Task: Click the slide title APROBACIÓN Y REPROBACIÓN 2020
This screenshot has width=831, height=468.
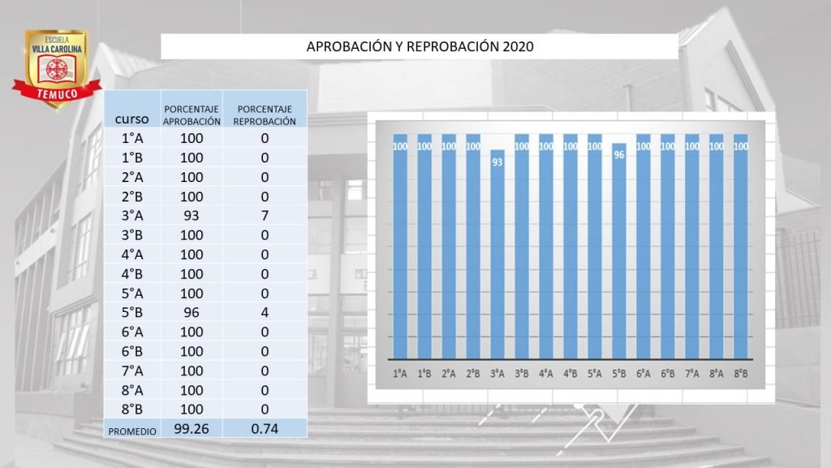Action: pyautogui.click(x=420, y=46)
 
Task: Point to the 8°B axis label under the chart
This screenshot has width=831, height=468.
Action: pyautogui.click(x=740, y=374)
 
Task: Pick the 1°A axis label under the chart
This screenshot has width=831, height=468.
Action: pyautogui.click(x=400, y=374)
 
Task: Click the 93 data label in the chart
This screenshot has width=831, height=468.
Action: pyautogui.click(x=497, y=162)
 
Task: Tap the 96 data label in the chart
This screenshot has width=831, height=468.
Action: pyautogui.click(x=618, y=154)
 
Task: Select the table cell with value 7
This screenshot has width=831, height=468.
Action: pyautogui.click(x=265, y=215)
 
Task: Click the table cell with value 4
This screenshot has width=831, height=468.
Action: pyautogui.click(x=265, y=313)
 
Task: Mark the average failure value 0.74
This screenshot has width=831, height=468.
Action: pyautogui.click(x=265, y=428)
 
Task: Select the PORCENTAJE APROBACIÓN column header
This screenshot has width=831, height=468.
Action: pyautogui.click(x=192, y=115)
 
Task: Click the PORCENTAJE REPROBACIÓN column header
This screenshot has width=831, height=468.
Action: pyautogui.click(x=265, y=115)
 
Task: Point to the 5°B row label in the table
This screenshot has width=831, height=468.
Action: pyautogui.click(x=131, y=313)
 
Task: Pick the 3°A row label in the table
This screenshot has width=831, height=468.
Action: pyautogui.click(x=131, y=215)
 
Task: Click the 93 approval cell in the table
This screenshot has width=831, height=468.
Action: pyautogui.click(x=192, y=215)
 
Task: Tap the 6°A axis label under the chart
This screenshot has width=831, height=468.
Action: pyautogui.click(x=643, y=374)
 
